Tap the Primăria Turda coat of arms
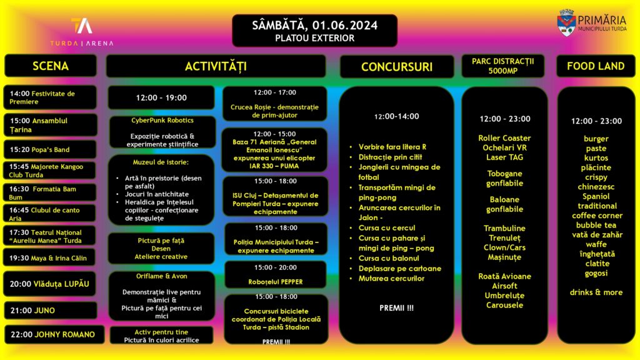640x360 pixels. coord(566,21)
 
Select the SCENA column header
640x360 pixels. coord(51,66)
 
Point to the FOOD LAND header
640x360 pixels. coord(595,66)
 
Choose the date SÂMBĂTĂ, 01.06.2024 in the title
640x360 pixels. coord(314,25)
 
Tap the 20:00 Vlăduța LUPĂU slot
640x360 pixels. coord(51,284)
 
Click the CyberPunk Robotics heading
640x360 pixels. coord(162,120)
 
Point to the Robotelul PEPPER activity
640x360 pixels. coord(275,282)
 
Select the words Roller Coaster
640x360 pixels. coord(504,138)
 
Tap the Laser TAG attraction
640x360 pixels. coord(504,157)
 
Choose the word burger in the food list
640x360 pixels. coord(596,139)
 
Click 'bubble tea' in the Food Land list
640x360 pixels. coord(596,225)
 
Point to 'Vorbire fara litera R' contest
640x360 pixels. coord(392,147)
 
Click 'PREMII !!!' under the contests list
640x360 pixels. coord(396,307)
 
